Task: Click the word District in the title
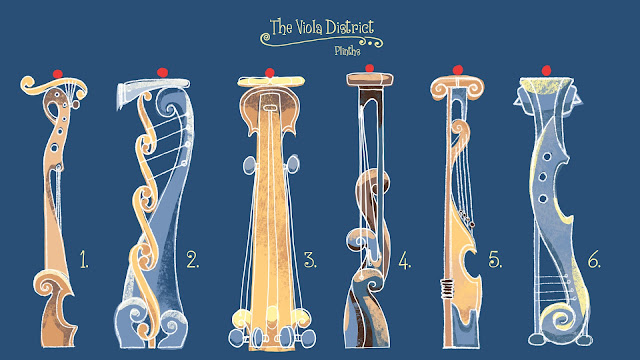[x=349, y=27]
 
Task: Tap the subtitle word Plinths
[x=347, y=51]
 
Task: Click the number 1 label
[x=84, y=259]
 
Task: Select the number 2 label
[x=193, y=259]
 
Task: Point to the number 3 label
[x=310, y=260]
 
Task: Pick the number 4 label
[x=404, y=260]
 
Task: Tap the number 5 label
[x=495, y=259]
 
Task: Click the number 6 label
[x=594, y=260]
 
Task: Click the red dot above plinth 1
[x=58, y=74]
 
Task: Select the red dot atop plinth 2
[x=162, y=73]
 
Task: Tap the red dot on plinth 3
[x=269, y=73]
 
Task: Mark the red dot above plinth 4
[x=369, y=68]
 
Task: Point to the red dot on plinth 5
[x=458, y=70]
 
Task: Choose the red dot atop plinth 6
[x=546, y=71]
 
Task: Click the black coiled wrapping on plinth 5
[x=447, y=289]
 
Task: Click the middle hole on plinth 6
[x=542, y=177]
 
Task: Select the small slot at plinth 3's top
[x=270, y=108]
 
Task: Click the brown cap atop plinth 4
[x=370, y=79]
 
